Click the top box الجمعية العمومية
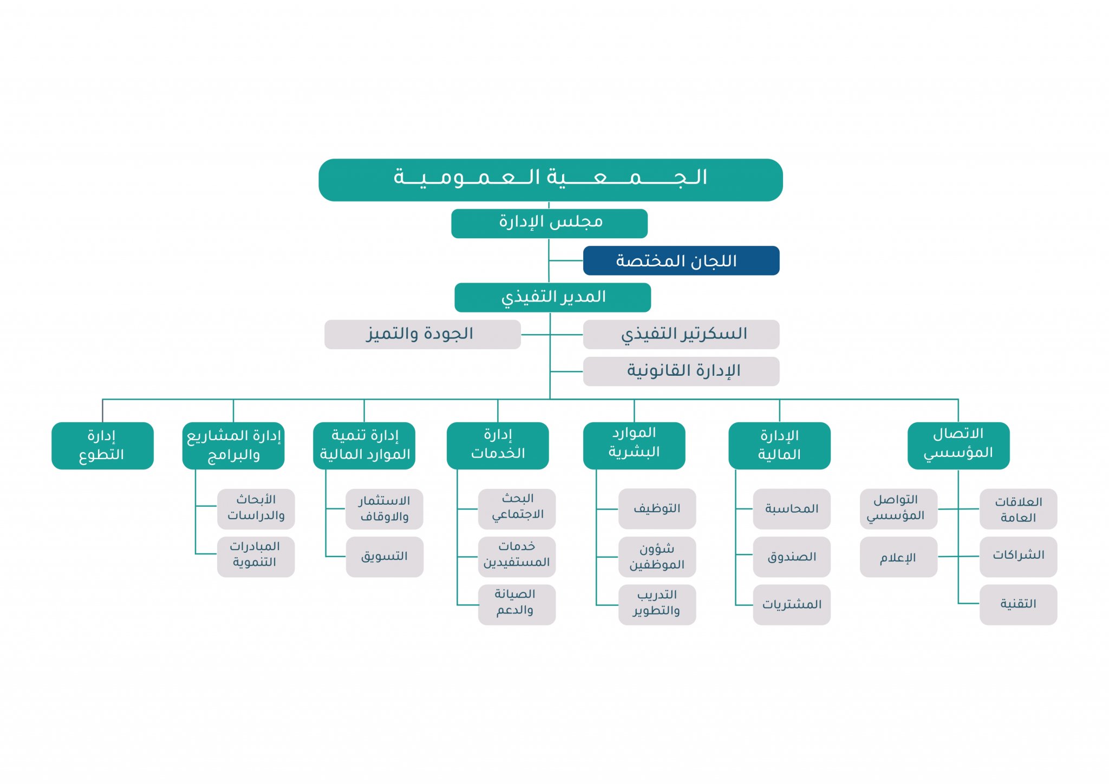coord(550,180)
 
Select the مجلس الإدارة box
coord(549,223)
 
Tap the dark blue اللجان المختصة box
coord(681,260)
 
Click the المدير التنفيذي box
coord(552,297)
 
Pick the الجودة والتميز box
coord(422,334)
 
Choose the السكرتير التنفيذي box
coord(681,334)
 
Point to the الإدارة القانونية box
coord(681,371)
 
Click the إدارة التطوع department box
coord(102,445)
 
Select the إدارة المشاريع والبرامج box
coord(233,445)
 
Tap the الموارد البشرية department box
coord(634,445)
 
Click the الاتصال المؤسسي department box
coord(958,445)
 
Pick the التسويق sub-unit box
coord(384,557)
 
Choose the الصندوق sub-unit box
coord(791,557)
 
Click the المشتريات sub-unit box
coord(791,604)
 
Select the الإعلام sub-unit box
coord(898,557)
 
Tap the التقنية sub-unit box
coord(1017,604)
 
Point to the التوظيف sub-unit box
coord(657,508)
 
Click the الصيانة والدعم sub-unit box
coord(516,604)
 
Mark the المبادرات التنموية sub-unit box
coord(256,556)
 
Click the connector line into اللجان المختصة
coord(566,260)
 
